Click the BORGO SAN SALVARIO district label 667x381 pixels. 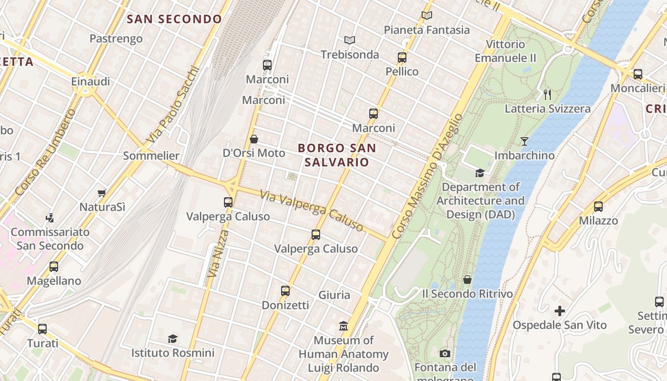337,155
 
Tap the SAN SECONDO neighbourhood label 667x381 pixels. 175,19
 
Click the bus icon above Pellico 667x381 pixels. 402,58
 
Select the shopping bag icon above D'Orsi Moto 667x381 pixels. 254,139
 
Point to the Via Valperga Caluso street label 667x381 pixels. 312,211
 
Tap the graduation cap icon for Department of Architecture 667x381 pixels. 480,173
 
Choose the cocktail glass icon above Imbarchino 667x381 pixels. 525,141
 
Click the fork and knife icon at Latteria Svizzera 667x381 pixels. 547,94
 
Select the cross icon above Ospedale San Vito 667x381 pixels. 560,311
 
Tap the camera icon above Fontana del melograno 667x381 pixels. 445,353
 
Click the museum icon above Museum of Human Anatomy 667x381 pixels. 344,326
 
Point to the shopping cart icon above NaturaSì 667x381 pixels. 101,193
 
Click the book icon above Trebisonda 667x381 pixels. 350,40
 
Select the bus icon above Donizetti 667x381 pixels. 285,291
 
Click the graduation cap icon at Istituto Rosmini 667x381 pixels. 172,339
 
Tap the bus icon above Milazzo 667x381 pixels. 598,207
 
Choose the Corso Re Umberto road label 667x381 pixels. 45,152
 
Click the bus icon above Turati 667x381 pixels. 42,329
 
